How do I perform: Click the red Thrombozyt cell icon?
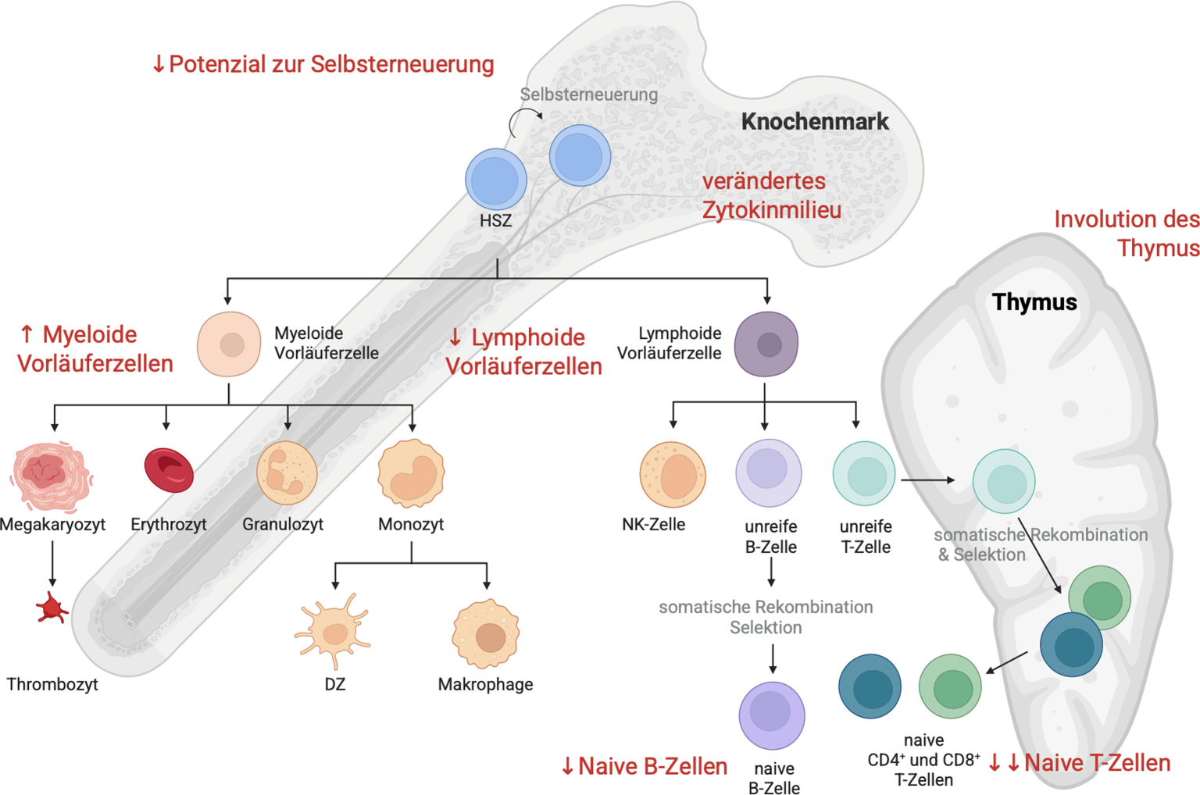click(52, 608)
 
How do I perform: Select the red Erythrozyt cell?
click(169, 470)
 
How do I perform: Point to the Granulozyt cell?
click(287, 473)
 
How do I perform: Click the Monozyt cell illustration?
click(411, 473)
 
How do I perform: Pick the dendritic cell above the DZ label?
click(334, 631)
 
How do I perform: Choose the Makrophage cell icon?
click(486, 634)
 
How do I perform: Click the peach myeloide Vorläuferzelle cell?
click(229, 344)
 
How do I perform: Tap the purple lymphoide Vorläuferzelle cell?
click(766, 344)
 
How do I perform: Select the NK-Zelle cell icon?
click(673, 475)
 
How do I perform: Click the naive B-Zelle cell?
click(772, 715)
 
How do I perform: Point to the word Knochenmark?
click(815, 122)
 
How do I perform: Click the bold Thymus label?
click(1034, 302)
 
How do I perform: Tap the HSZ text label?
click(495, 221)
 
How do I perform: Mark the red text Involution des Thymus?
click(1127, 234)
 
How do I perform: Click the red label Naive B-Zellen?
click(645, 767)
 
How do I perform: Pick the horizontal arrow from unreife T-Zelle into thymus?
click(927, 479)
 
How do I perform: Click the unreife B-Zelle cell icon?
click(769, 473)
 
